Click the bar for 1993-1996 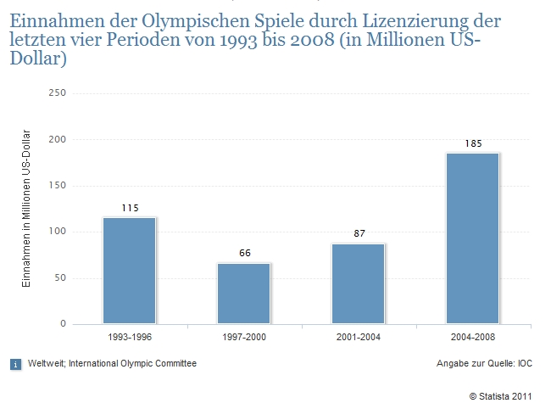[x=130, y=271]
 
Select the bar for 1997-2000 [x=244, y=293]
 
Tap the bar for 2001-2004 [x=359, y=283]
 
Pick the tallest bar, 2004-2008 [x=473, y=238]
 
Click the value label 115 [x=130, y=208]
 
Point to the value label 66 [x=244, y=254]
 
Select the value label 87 [x=359, y=234]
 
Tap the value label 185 [x=473, y=143]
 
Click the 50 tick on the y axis [x=60, y=278]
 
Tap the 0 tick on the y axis [x=63, y=324]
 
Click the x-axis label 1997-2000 [x=244, y=337]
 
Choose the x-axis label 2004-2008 [x=473, y=337]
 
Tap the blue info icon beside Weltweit [x=15, y=364]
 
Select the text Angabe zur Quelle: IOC [x=483, y=364]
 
